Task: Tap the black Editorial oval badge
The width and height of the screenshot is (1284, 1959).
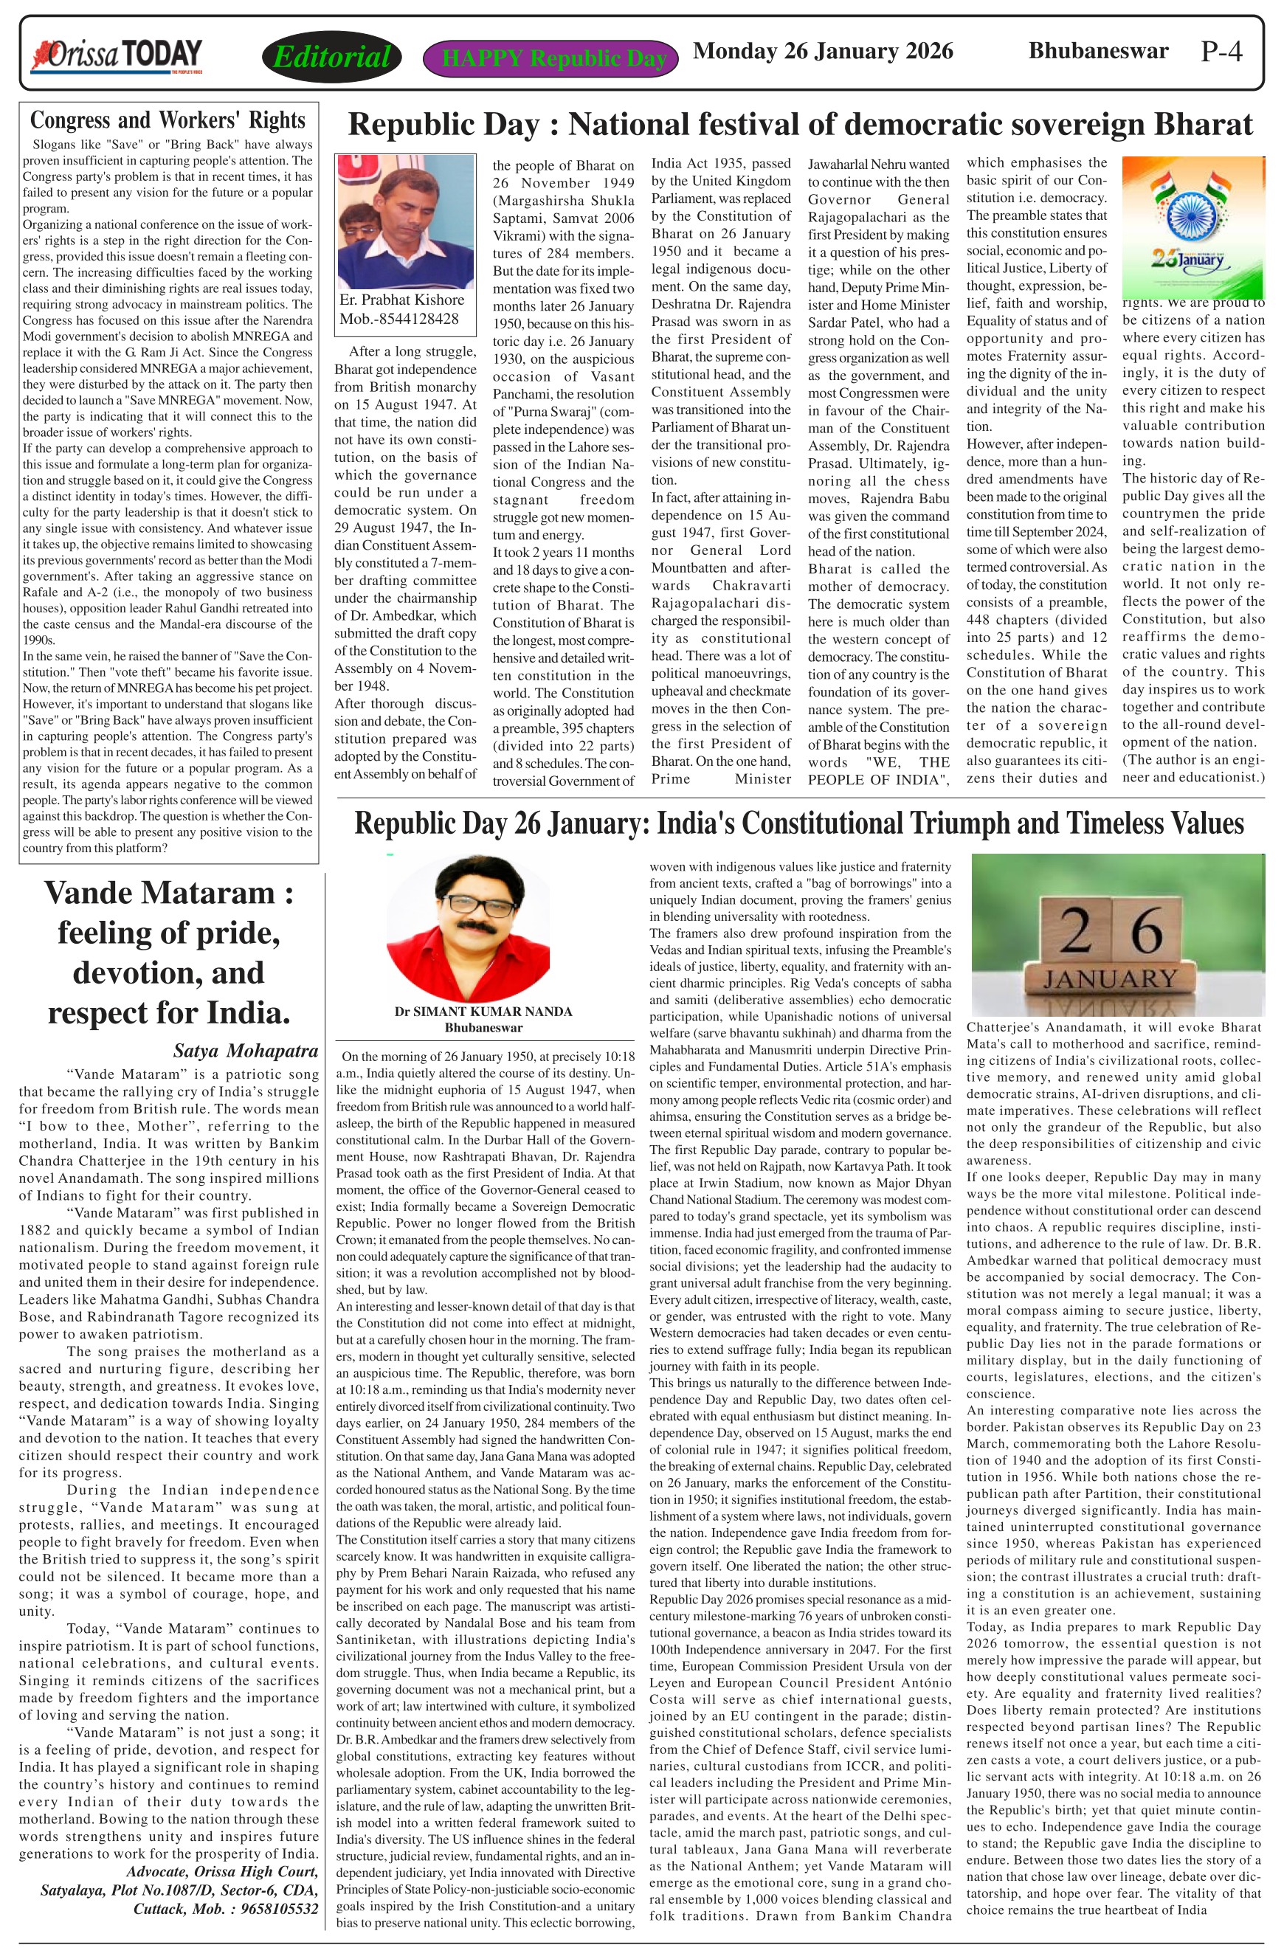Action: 331,57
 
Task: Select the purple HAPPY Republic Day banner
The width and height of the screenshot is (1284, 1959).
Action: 550,58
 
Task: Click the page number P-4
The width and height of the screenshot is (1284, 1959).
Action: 1221,52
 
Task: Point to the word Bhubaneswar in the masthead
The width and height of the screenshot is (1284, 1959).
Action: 1098,51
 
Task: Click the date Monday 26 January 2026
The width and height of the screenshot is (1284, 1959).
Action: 823,51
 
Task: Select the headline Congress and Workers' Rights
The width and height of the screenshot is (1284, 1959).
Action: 168,120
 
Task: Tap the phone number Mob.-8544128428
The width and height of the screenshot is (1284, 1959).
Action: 399,319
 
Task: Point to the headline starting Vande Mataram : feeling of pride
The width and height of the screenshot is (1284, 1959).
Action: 168,952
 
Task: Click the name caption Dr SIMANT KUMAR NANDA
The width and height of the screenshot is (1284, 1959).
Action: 483,1011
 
